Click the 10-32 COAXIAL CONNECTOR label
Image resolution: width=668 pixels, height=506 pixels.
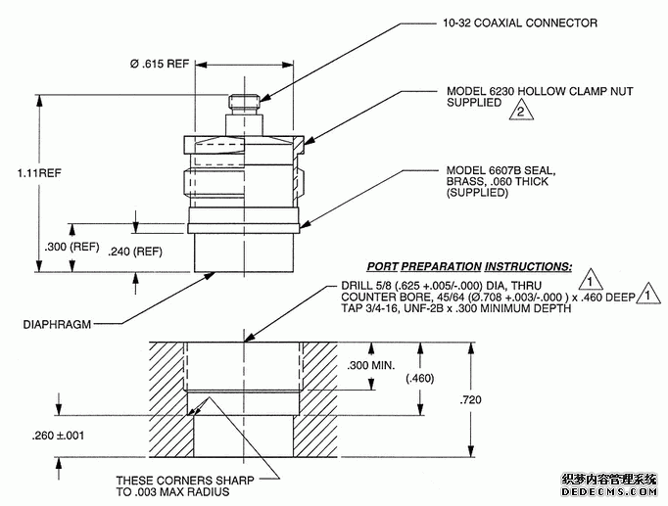[x=505, y=23]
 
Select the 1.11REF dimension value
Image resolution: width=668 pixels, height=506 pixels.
[x=40, y=173]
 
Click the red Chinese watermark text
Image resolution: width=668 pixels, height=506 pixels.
[x=608, y=481]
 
